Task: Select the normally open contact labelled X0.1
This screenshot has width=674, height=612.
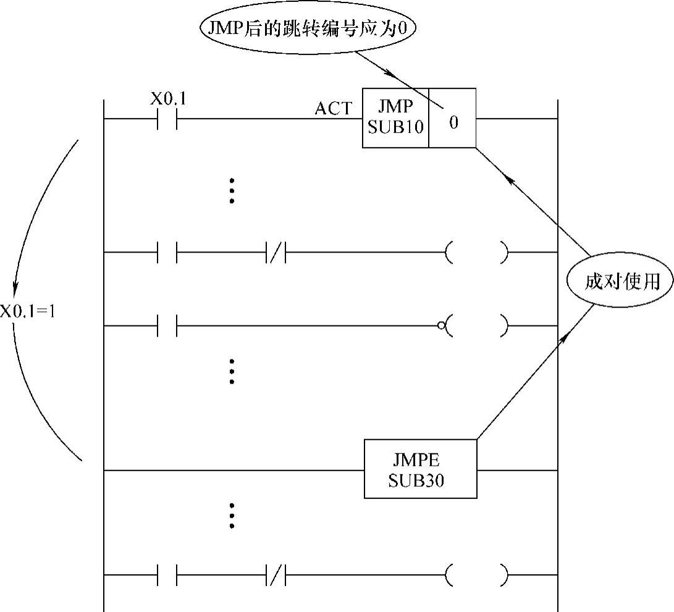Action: (167, 118)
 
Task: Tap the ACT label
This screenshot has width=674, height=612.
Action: (333, 109)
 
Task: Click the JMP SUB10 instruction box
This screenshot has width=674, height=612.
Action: (395, 118)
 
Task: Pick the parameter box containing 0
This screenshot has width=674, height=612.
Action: (453, 118)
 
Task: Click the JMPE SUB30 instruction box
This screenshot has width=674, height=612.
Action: (420, 469)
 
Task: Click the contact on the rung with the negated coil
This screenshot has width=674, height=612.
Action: (167, 325)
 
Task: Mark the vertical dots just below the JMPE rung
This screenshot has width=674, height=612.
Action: (232, 515)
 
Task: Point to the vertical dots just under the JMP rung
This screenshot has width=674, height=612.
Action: (232, 191)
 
